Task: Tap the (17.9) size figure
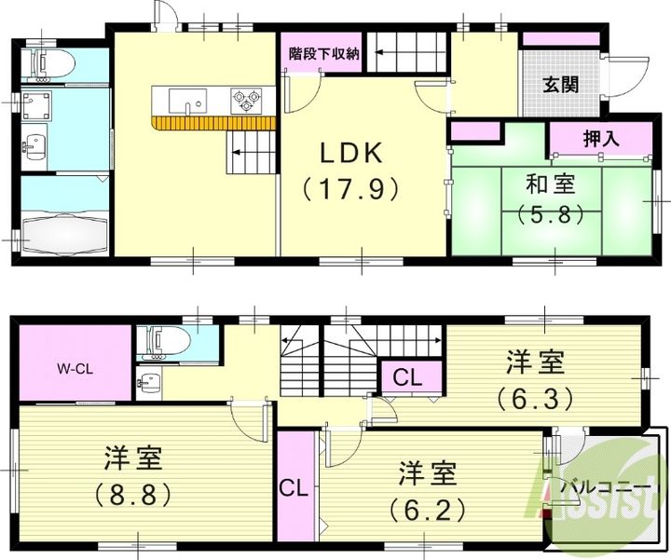click(350, 188)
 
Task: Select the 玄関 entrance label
click(560, 85)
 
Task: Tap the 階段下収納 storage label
click(322, 53)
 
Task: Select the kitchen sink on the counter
click(193, 100)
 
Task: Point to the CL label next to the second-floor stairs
click(405, 378)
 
